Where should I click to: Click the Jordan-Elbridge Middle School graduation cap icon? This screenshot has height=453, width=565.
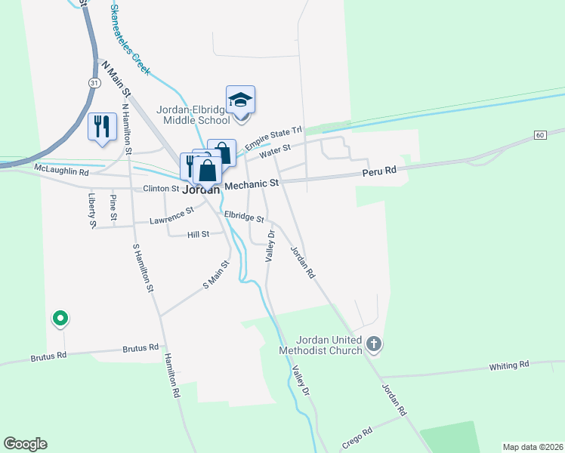240,100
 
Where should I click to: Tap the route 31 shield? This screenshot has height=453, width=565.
93,82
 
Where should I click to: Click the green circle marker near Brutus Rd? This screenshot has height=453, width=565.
60,319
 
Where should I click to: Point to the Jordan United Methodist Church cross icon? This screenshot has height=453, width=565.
372,345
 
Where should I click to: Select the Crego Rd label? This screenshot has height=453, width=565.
357,439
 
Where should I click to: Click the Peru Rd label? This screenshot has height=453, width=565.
380,171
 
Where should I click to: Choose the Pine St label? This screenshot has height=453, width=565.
113,208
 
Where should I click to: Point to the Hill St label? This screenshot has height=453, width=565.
197,236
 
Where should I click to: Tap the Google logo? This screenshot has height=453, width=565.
25,444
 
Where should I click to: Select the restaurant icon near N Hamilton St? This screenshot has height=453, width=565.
101,126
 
